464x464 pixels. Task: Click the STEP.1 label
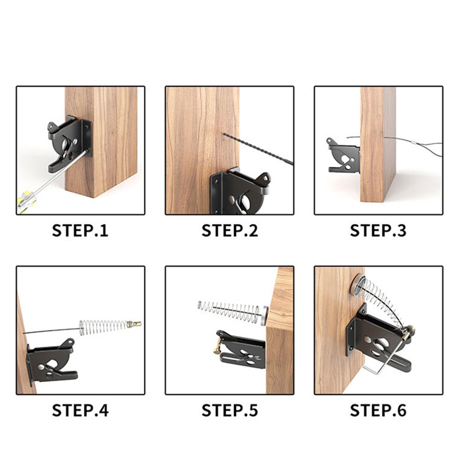80,231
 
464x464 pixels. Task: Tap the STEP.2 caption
229,231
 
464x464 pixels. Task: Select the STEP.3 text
378,231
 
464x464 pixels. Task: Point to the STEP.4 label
80,411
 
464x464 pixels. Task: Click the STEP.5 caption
229,411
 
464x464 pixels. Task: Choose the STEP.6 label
378,411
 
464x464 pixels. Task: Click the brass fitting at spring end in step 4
134,324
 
